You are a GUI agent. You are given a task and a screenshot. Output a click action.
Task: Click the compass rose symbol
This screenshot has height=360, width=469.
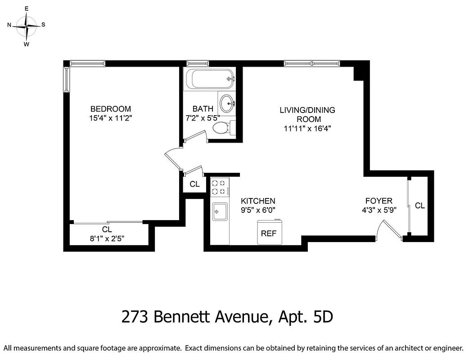pos(27,26)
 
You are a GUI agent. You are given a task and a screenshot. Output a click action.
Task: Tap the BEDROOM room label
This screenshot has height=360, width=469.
pos(111,109)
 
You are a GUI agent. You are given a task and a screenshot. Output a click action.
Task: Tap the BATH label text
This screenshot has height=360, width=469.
pos(203,109)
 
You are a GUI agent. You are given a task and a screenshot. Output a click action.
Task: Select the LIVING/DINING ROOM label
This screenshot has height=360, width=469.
pos(307,114)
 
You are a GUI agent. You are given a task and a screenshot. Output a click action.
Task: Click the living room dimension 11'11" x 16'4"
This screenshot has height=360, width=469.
pos(307,129)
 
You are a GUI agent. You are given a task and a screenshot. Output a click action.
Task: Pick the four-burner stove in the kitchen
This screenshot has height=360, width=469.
pos(220,187)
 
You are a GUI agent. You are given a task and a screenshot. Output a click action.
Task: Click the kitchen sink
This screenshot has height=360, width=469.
pos(220,211)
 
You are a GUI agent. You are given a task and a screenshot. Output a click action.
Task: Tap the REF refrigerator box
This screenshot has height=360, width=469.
pos(269,233)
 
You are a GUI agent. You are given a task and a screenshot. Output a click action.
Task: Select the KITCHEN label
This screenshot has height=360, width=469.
pos(258,201)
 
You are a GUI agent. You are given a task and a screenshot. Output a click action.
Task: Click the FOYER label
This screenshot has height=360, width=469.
pos(379,201)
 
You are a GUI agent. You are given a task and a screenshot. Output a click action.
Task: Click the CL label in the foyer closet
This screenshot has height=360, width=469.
pos(419,206)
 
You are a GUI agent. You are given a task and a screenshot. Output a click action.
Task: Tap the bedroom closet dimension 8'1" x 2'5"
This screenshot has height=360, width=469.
pos(107,238)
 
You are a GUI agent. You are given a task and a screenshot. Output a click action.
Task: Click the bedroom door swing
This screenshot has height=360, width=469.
pos(173,160)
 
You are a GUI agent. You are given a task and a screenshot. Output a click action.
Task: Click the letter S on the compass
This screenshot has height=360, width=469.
pos(43,25)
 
